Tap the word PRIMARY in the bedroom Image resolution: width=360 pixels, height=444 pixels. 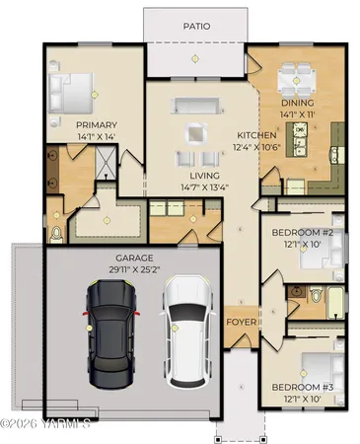(97, 124)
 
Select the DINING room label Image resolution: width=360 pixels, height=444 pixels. (296, 103)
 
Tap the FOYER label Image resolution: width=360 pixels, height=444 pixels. (242, 323)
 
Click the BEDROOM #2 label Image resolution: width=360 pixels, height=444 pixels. (305, 233)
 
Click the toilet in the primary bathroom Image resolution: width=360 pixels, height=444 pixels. (56, 233)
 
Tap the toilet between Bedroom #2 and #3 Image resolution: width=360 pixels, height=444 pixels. (316, 294)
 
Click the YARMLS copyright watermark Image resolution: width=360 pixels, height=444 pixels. (45, 424)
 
